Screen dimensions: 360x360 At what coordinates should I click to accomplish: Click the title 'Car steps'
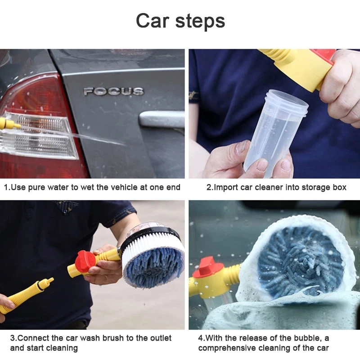pos(180,21)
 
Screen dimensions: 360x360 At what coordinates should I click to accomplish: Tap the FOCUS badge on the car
pos(113,92)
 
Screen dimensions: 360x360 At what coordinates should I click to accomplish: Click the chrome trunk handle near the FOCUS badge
pos(162,119)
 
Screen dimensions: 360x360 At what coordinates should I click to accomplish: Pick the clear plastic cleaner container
pos(275,130)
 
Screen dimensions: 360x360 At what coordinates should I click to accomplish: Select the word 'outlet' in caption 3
pos(161,338)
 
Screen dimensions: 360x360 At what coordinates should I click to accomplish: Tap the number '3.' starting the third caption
pos(13,338)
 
